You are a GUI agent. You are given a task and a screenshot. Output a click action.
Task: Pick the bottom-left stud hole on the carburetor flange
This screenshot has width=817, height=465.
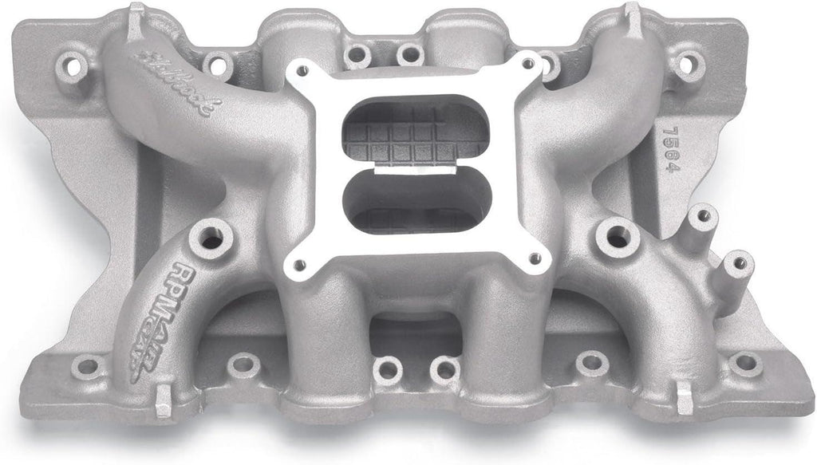click(300, 264)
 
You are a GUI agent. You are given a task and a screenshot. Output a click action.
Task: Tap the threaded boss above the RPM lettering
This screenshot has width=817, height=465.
click(211, 237)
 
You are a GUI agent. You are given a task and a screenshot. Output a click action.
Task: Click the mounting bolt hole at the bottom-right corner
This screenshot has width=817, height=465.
click(745, 364)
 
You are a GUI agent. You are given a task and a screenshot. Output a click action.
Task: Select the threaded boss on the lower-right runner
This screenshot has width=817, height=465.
click(617, 235)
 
